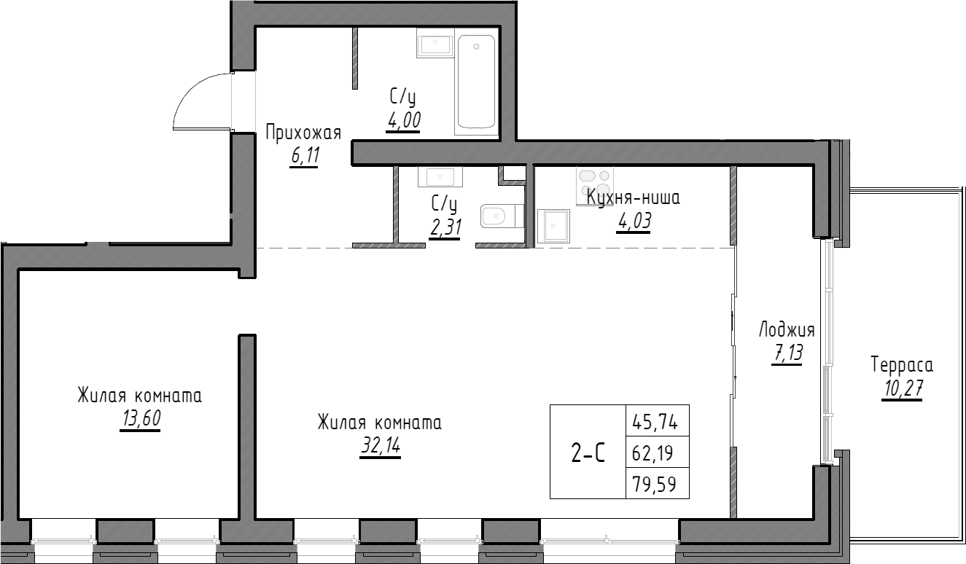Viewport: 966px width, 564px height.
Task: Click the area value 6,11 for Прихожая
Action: (304, 156)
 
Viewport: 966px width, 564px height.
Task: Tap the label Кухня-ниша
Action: (633, 198)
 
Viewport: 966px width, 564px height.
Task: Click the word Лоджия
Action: (786, 329)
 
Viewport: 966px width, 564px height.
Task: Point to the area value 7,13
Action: (786, 354)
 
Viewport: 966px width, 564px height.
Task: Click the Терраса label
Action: (902, 364)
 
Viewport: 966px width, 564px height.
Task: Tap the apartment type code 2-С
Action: (588, 453)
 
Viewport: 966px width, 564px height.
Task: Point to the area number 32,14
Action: (380, 446)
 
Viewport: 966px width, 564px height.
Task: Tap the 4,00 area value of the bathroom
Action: (404, 120)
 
